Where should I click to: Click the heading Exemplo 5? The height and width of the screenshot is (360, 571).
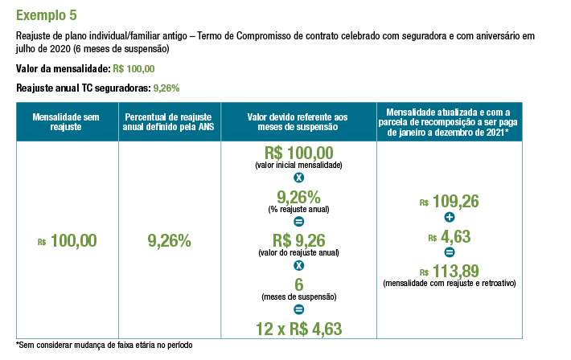47,15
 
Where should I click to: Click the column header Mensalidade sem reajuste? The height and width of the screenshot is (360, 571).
66,121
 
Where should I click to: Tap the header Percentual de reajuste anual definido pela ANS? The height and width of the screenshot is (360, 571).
169,121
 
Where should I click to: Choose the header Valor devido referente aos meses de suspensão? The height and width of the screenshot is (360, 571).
298,121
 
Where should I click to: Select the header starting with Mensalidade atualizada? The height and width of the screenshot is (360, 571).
449,121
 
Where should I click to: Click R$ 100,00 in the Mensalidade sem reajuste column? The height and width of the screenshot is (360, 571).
68,240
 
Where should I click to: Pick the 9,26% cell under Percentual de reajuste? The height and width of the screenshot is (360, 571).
169,240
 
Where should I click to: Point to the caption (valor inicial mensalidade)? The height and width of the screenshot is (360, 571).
298,165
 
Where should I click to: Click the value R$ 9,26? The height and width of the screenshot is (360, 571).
298,239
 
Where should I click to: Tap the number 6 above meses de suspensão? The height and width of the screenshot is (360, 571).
298,284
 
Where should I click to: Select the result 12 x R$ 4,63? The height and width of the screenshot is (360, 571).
298,328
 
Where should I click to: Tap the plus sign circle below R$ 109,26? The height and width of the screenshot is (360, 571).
449,219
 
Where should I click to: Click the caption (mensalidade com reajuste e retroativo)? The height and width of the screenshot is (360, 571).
449,284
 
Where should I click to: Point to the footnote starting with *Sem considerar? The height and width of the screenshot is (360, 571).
105,346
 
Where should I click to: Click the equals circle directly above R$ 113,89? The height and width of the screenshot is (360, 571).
449,253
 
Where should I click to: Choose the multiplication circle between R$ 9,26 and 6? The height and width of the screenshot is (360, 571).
298,265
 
